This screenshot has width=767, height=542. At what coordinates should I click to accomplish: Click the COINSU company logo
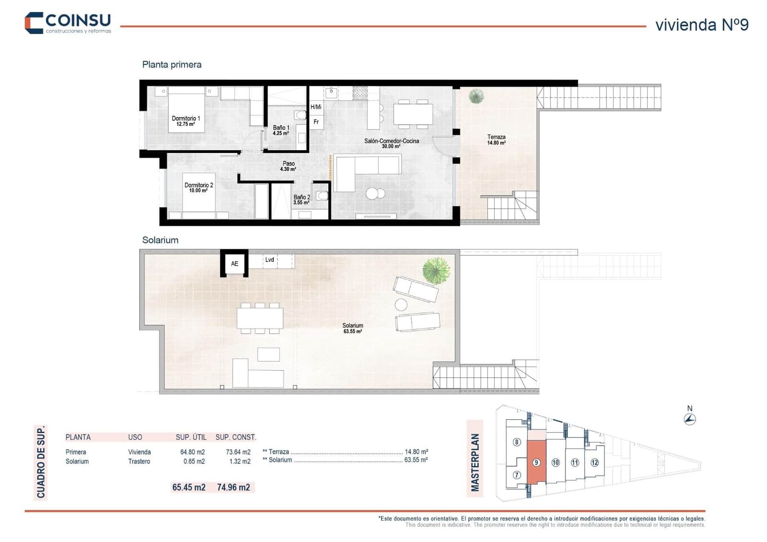pos(68,23)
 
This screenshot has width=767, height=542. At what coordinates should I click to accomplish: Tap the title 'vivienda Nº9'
pos(701,25)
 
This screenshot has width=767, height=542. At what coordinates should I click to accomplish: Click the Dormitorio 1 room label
pos(186,121)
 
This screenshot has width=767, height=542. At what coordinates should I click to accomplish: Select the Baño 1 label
pos(281,130)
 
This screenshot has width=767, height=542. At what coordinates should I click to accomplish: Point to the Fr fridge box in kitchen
pos(316,122)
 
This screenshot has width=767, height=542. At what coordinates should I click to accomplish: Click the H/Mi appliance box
pos(316,107)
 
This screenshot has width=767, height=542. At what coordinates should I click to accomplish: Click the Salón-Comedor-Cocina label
pos(391,143)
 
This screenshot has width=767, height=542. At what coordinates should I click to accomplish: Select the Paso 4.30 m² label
pos(288,166)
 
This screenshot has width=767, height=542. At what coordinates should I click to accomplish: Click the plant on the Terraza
pos(476,96)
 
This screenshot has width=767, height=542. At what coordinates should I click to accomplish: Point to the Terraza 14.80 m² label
pos(496,140)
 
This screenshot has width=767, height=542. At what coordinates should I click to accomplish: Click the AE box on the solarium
pos(234,263)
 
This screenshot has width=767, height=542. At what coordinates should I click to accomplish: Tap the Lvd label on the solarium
pos(270,259)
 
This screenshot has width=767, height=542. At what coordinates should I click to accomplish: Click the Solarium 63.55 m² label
pos(352,328)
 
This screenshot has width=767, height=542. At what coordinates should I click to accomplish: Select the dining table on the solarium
pos(260,318)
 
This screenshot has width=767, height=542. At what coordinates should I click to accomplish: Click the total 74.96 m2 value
pos(233,487)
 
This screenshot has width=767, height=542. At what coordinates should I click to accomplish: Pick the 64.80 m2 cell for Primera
pos(192,452)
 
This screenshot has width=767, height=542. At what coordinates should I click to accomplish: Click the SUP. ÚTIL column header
pos(191,437)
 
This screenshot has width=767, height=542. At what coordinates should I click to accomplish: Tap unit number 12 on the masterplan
pos(594,462)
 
